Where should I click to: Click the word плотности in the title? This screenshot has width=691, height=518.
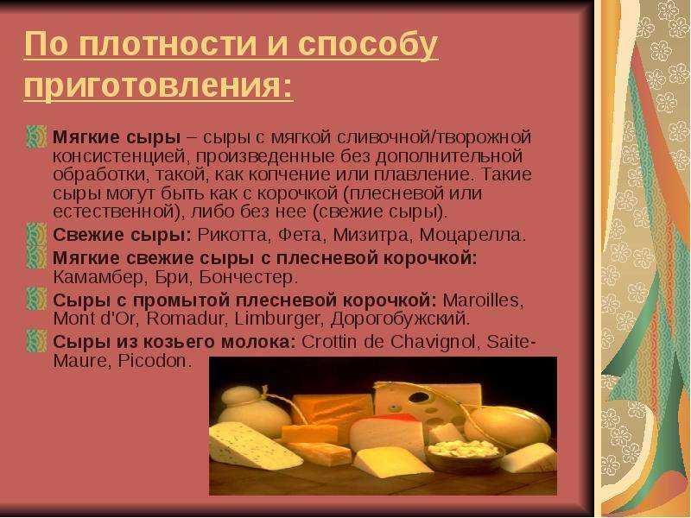click(168, 44)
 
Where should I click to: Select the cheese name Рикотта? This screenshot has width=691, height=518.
click(232, 235)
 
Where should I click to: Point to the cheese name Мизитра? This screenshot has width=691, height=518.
click(371, 235)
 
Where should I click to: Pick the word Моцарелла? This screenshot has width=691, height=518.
click(472, 236)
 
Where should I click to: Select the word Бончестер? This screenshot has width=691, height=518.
click(248, 277)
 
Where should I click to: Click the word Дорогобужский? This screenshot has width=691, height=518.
click(400, 319)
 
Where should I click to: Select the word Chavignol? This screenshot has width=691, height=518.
click(434, 342)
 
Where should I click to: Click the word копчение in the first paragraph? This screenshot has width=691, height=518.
click(288, 175)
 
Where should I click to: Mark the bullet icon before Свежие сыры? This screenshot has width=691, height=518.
click(36, 234)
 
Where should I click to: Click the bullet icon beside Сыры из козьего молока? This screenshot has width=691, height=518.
click(36, 341)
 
